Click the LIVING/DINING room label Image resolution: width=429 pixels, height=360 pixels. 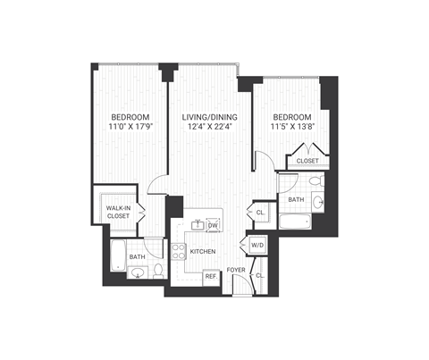click(x=206, y=118)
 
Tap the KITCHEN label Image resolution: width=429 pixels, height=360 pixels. click(x=203, y=252)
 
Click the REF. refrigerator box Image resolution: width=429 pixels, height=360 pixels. click(x=211, y=277)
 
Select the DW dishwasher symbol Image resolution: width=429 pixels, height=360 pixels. click(x=213, y=226)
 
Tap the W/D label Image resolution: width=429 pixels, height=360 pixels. click(x=256, y=245)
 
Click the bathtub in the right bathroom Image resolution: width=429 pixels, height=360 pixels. click(x=293, y=222)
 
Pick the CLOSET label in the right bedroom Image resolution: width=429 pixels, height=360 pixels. click(x=307, y=161)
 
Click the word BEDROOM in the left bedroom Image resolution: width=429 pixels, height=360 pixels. click(x=130, y=118)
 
